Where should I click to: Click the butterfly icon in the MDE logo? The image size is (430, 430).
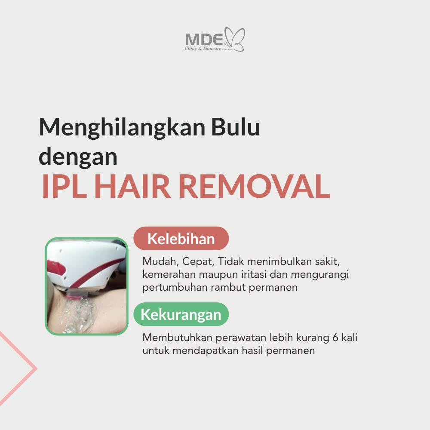coord(235,39)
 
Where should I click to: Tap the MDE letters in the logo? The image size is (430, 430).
coord(204,40)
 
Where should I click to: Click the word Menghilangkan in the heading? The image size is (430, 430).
coord(122,128)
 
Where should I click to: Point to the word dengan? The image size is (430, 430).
coord(78,157)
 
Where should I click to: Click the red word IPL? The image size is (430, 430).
coord(64,186)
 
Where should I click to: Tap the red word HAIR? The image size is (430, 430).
coord(132,186)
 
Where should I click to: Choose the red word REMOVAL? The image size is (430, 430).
coord(254,186)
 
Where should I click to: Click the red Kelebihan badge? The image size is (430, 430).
coord(181,238)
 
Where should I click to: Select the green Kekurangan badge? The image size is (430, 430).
coord(181,314)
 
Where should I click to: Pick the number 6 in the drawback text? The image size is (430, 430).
coord(335,337)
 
